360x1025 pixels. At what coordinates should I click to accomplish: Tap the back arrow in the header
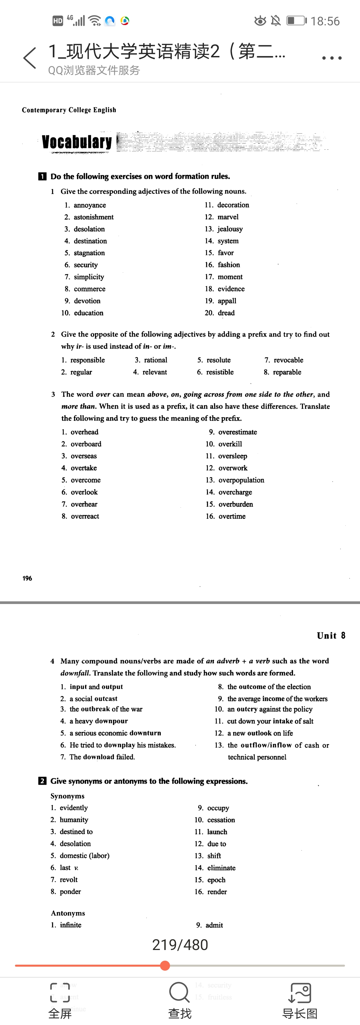coord(30,58)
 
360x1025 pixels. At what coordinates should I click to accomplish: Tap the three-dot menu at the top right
coord(332,58)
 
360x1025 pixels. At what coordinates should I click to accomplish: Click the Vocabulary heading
coord(77,142)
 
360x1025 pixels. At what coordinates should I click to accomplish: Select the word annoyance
coord(90,205)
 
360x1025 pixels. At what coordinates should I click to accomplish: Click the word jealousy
coord(230,229)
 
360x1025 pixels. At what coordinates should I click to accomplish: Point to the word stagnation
coord(89,253)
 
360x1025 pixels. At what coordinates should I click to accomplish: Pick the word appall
coord(227,301)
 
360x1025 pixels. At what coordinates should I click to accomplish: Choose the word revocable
coord(288,360)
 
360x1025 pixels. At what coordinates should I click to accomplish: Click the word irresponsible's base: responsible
coord(88,360)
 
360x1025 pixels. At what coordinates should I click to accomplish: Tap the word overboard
coord(86,444)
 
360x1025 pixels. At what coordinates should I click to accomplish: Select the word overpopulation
coord(241,480)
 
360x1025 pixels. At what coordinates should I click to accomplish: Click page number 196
coord(27,578)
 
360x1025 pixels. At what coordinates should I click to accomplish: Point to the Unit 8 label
coord(331,635)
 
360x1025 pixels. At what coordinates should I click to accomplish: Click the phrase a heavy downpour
coord(99,721)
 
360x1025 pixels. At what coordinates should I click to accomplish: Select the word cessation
coord(221,820)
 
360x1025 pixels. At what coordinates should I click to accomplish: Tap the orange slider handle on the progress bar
coord(165,965)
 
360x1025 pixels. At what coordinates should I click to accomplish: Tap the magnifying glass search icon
coord(179,992)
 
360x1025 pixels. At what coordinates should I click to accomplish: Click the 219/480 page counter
coord(180,945)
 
